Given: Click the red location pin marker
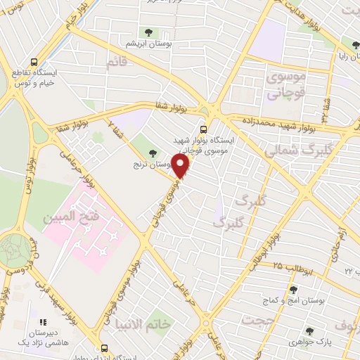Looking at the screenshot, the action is coord(181,167).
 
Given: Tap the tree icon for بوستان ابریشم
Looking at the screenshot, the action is coord(148,32).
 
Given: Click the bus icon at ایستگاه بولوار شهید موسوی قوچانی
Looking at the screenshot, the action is coord(204,129).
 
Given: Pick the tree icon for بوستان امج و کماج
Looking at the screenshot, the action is coord(293,290).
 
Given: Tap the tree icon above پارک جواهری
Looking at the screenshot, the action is coord(309,330).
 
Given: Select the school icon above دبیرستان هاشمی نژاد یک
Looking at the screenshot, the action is coord(42,321).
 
